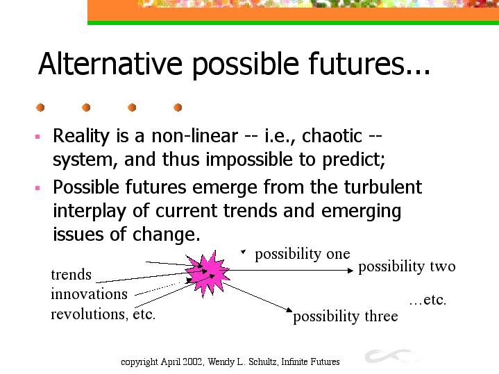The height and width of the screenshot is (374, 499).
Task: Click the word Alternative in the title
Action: [110, 63]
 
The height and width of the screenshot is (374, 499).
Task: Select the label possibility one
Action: [303, 255]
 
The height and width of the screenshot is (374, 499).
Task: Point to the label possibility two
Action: [407, 266]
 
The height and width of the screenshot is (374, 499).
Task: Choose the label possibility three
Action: [346, 316]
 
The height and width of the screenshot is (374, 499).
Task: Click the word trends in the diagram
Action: [71, 275]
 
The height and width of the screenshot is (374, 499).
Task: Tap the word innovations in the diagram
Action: [89, 294]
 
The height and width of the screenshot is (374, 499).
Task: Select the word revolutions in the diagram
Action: [88, 314]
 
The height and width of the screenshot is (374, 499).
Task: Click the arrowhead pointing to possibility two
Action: [350, 271]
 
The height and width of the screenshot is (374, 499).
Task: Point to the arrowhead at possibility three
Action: [289, 309]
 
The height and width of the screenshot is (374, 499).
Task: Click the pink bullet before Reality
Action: [37, 137]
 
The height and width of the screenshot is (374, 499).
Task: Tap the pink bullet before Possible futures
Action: [37, 188]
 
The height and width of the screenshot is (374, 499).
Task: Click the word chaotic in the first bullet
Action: [332, 136]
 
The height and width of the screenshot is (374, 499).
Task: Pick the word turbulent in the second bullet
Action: [383, 187]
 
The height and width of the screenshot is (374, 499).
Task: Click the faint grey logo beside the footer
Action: [391, 356]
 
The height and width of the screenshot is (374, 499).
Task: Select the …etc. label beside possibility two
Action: [428, 300]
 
